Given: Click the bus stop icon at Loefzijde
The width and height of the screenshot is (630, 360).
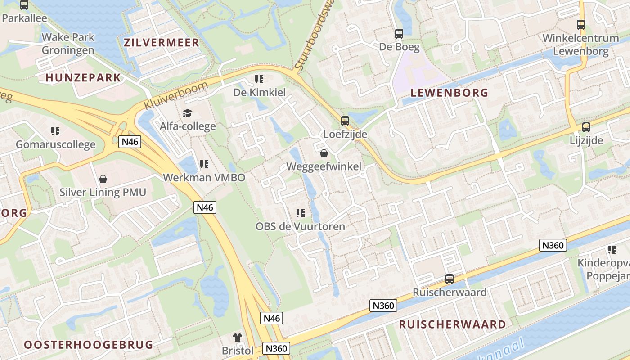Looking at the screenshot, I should coord(345,121).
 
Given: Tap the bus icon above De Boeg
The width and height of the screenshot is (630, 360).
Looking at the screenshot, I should coord(399,33).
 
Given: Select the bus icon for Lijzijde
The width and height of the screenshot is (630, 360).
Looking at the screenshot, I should coord(586,127).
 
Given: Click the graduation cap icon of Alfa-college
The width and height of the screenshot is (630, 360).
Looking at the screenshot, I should coord(187,113).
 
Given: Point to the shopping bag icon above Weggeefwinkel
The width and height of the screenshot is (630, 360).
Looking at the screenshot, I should coord(324,154).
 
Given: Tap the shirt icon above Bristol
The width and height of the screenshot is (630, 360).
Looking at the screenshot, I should coord(238,337).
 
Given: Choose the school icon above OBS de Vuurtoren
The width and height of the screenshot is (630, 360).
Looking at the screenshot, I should coord(300,213).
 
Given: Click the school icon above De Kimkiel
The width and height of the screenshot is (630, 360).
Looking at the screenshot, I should coord(259,80).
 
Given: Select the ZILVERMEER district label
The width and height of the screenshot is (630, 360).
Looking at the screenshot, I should coord(161,43).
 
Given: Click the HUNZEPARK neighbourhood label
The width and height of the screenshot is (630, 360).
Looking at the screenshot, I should coord(83,77).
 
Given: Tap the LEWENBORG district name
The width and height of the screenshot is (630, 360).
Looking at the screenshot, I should coord(450,93).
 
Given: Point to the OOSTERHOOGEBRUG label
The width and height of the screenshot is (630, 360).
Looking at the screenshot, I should coord(89,345).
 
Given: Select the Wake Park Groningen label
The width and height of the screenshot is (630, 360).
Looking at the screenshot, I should coord(68,44).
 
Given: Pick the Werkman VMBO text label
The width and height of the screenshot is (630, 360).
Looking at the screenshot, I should coord(204,178).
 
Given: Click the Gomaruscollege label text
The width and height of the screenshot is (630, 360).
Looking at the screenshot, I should coord(56,144).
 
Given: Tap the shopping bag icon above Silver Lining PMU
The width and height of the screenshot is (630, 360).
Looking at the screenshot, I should coord(103,179).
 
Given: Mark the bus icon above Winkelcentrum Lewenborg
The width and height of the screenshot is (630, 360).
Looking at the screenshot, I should coord(581,25).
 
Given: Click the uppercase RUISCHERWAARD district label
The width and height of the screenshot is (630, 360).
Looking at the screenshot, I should coord(452,324).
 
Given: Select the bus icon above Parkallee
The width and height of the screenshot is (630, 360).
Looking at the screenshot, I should coord(24,5).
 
